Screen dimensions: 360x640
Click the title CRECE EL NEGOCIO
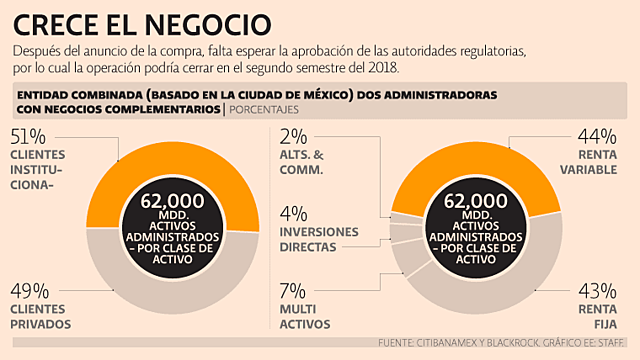click(x=144, y=22)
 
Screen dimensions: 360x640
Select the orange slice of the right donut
click(x=470, y=160)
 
